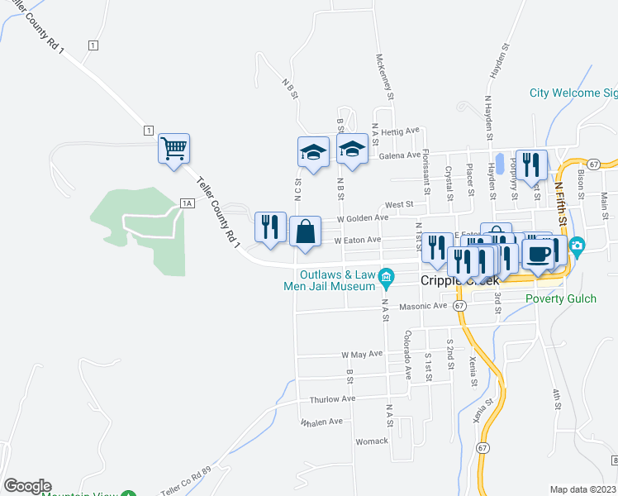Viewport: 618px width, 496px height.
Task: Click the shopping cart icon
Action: click(x=174, y=150)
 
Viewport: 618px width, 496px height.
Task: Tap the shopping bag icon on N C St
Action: click(x=305, y=231)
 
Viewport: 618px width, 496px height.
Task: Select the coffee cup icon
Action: click(x=539, y=255)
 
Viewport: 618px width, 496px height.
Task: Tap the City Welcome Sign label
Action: click(x=573, y=93)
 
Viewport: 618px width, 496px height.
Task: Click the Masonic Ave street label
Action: click(x=422, y=306)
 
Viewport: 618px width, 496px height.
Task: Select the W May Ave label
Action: click(x=363, y=354)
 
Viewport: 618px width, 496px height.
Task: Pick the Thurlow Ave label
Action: click(x=332, y=399)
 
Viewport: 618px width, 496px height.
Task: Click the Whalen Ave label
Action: click(x=321, y=422)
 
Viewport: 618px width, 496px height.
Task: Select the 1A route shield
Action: click(x=187, y=203)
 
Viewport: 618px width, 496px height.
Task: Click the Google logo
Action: click(x=27, y=486)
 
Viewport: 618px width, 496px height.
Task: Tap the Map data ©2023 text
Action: click(x=582, y=489)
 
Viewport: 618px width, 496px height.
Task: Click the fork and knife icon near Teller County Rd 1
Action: click(x=270, y=228)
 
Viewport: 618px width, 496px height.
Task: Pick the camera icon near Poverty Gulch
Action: click(x=577, y=246)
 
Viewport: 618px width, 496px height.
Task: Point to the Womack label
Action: click(x=372, y=441)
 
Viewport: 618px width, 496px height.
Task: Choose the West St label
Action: click(x=398, y=203)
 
